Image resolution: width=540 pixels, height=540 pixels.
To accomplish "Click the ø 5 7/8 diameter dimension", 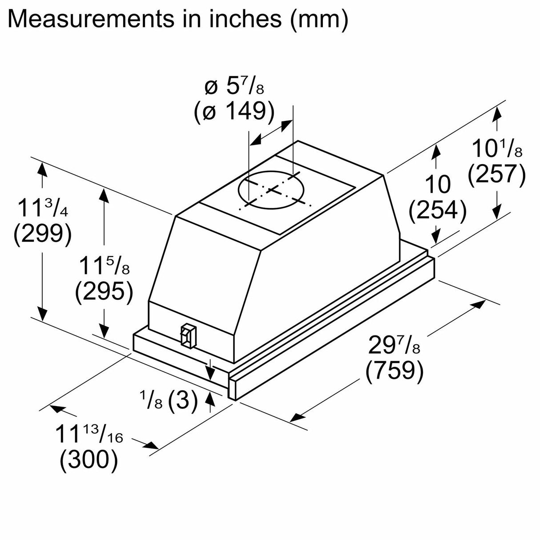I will pos(234,87).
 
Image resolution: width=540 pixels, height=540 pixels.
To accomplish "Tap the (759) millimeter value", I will pos(394,371).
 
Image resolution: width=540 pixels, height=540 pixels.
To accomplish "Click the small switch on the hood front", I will pos(187,335).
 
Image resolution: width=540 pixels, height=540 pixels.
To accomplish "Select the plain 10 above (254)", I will pos(438,184).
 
